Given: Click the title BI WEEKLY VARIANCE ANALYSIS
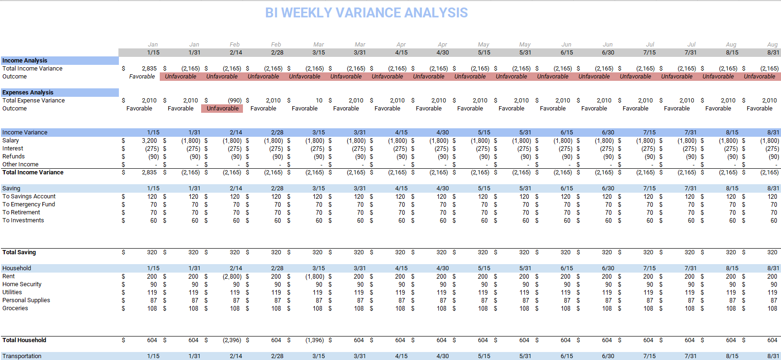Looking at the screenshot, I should point(366,13).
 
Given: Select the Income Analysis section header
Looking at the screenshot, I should point(25,61).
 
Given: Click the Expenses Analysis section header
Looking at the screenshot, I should point(28,93).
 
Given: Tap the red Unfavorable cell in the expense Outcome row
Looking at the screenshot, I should point(223,109).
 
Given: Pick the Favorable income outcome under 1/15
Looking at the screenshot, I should point(142,77).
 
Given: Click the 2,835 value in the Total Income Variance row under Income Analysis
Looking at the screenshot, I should point(149,69).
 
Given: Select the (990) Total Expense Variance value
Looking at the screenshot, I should point(234,101).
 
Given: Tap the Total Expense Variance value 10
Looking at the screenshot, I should point(319,101).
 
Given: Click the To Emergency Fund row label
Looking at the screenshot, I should point(29,204).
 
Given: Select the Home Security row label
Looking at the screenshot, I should point(22,284).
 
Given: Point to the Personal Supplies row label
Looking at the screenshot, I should point(26,300).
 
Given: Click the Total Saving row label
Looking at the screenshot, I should point(19,252).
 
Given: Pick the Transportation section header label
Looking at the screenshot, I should point(22,356).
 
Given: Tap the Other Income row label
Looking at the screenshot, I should point(20,164).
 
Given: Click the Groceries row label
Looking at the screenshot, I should point(15,308).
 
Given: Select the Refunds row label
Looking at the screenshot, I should point(14,157).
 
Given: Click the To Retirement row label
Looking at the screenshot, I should point(21,212).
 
